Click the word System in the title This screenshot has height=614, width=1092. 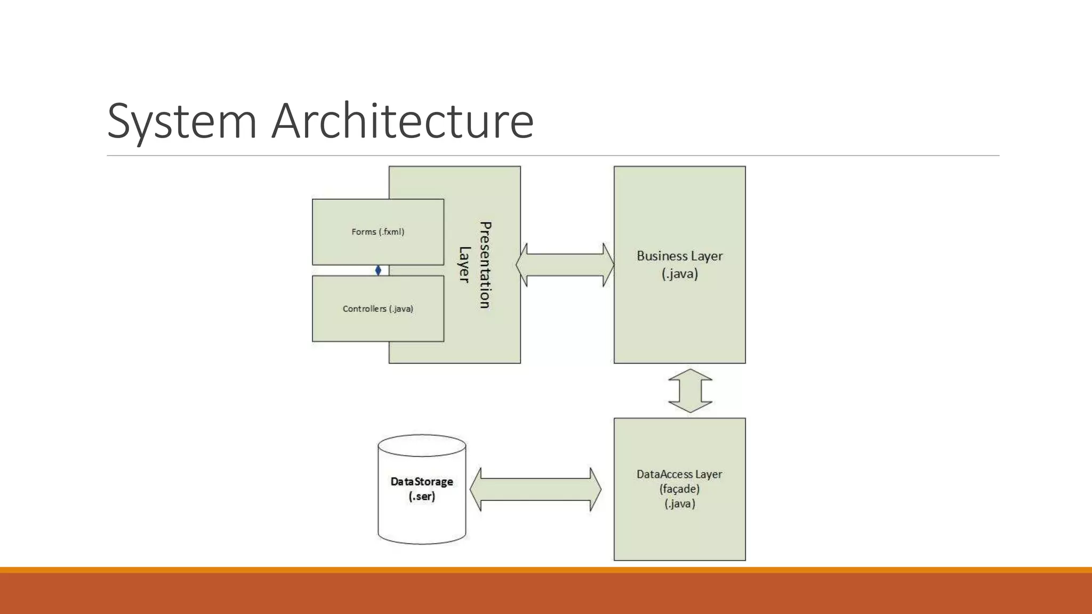click(x=182, y=122)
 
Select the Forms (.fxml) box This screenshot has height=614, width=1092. click(x=378, y=232)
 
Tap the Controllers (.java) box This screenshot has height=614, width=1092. click(x=378, y=309)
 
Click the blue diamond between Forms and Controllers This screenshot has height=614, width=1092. click(x=378, y=270)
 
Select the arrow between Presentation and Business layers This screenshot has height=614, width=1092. click(x=565, y=265)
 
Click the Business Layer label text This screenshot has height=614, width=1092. click(x=679, y=256)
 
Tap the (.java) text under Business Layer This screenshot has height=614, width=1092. click(x=679, y=274)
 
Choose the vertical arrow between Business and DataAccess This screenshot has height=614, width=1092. click(x=690, y=391)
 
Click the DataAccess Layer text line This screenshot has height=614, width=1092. click(x=679, y=474)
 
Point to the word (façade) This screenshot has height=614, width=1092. click(x=679, y=489)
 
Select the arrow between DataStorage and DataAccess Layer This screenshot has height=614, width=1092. click(x=535, y=489)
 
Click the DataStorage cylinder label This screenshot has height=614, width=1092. click(x=422, y=482)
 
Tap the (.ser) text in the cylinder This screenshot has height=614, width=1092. click(x=422, y=497)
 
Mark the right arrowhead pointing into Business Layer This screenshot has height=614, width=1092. click(x=608, y=265)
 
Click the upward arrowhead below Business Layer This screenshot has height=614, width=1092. click(x=690, y=375)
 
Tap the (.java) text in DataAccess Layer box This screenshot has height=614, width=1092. click(x=679, y=504)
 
